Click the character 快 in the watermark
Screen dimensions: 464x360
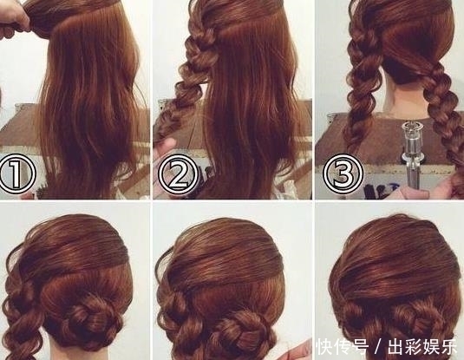[x=324, y=347]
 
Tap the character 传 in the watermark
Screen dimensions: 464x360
[x=343, y=347]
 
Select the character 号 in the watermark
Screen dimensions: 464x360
[x=361, y=347]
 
